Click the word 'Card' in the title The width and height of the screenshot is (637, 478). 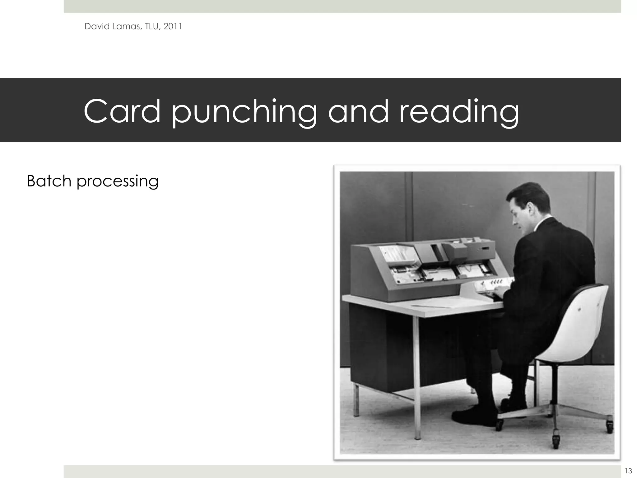point(122,111)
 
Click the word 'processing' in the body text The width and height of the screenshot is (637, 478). point(118,182)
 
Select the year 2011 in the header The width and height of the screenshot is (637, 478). point(173,26)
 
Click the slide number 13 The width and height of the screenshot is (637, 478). point(628,471)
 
